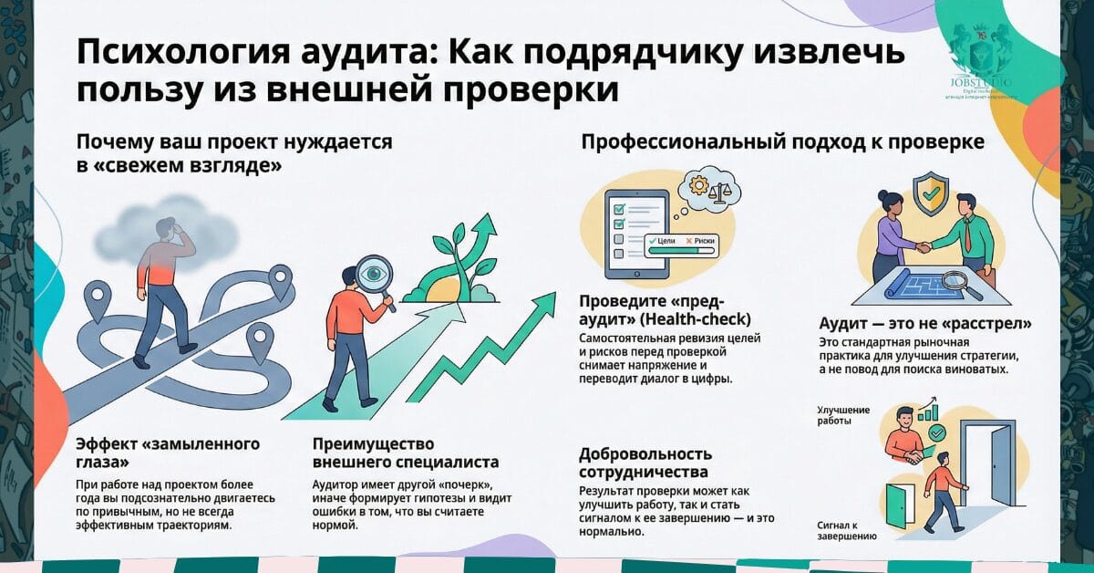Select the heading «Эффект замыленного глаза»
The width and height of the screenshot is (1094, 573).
(x=169, y=453)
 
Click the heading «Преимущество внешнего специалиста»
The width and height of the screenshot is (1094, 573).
(x=406, y=453)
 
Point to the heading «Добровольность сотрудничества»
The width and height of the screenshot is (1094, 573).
(x=645, y=463)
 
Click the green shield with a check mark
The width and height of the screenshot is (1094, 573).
(x=931, y=195)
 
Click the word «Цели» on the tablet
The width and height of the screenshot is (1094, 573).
(x=665, y=243)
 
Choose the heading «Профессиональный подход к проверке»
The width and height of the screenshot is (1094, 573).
(x=782, y=143)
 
